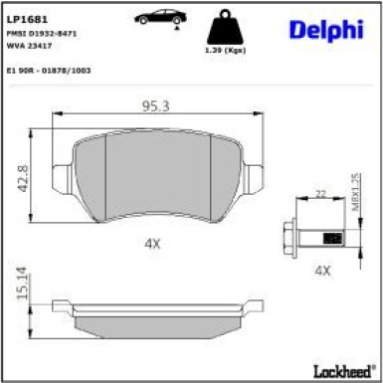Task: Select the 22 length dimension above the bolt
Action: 319,193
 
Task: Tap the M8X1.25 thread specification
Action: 354,188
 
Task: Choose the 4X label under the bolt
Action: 320,270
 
